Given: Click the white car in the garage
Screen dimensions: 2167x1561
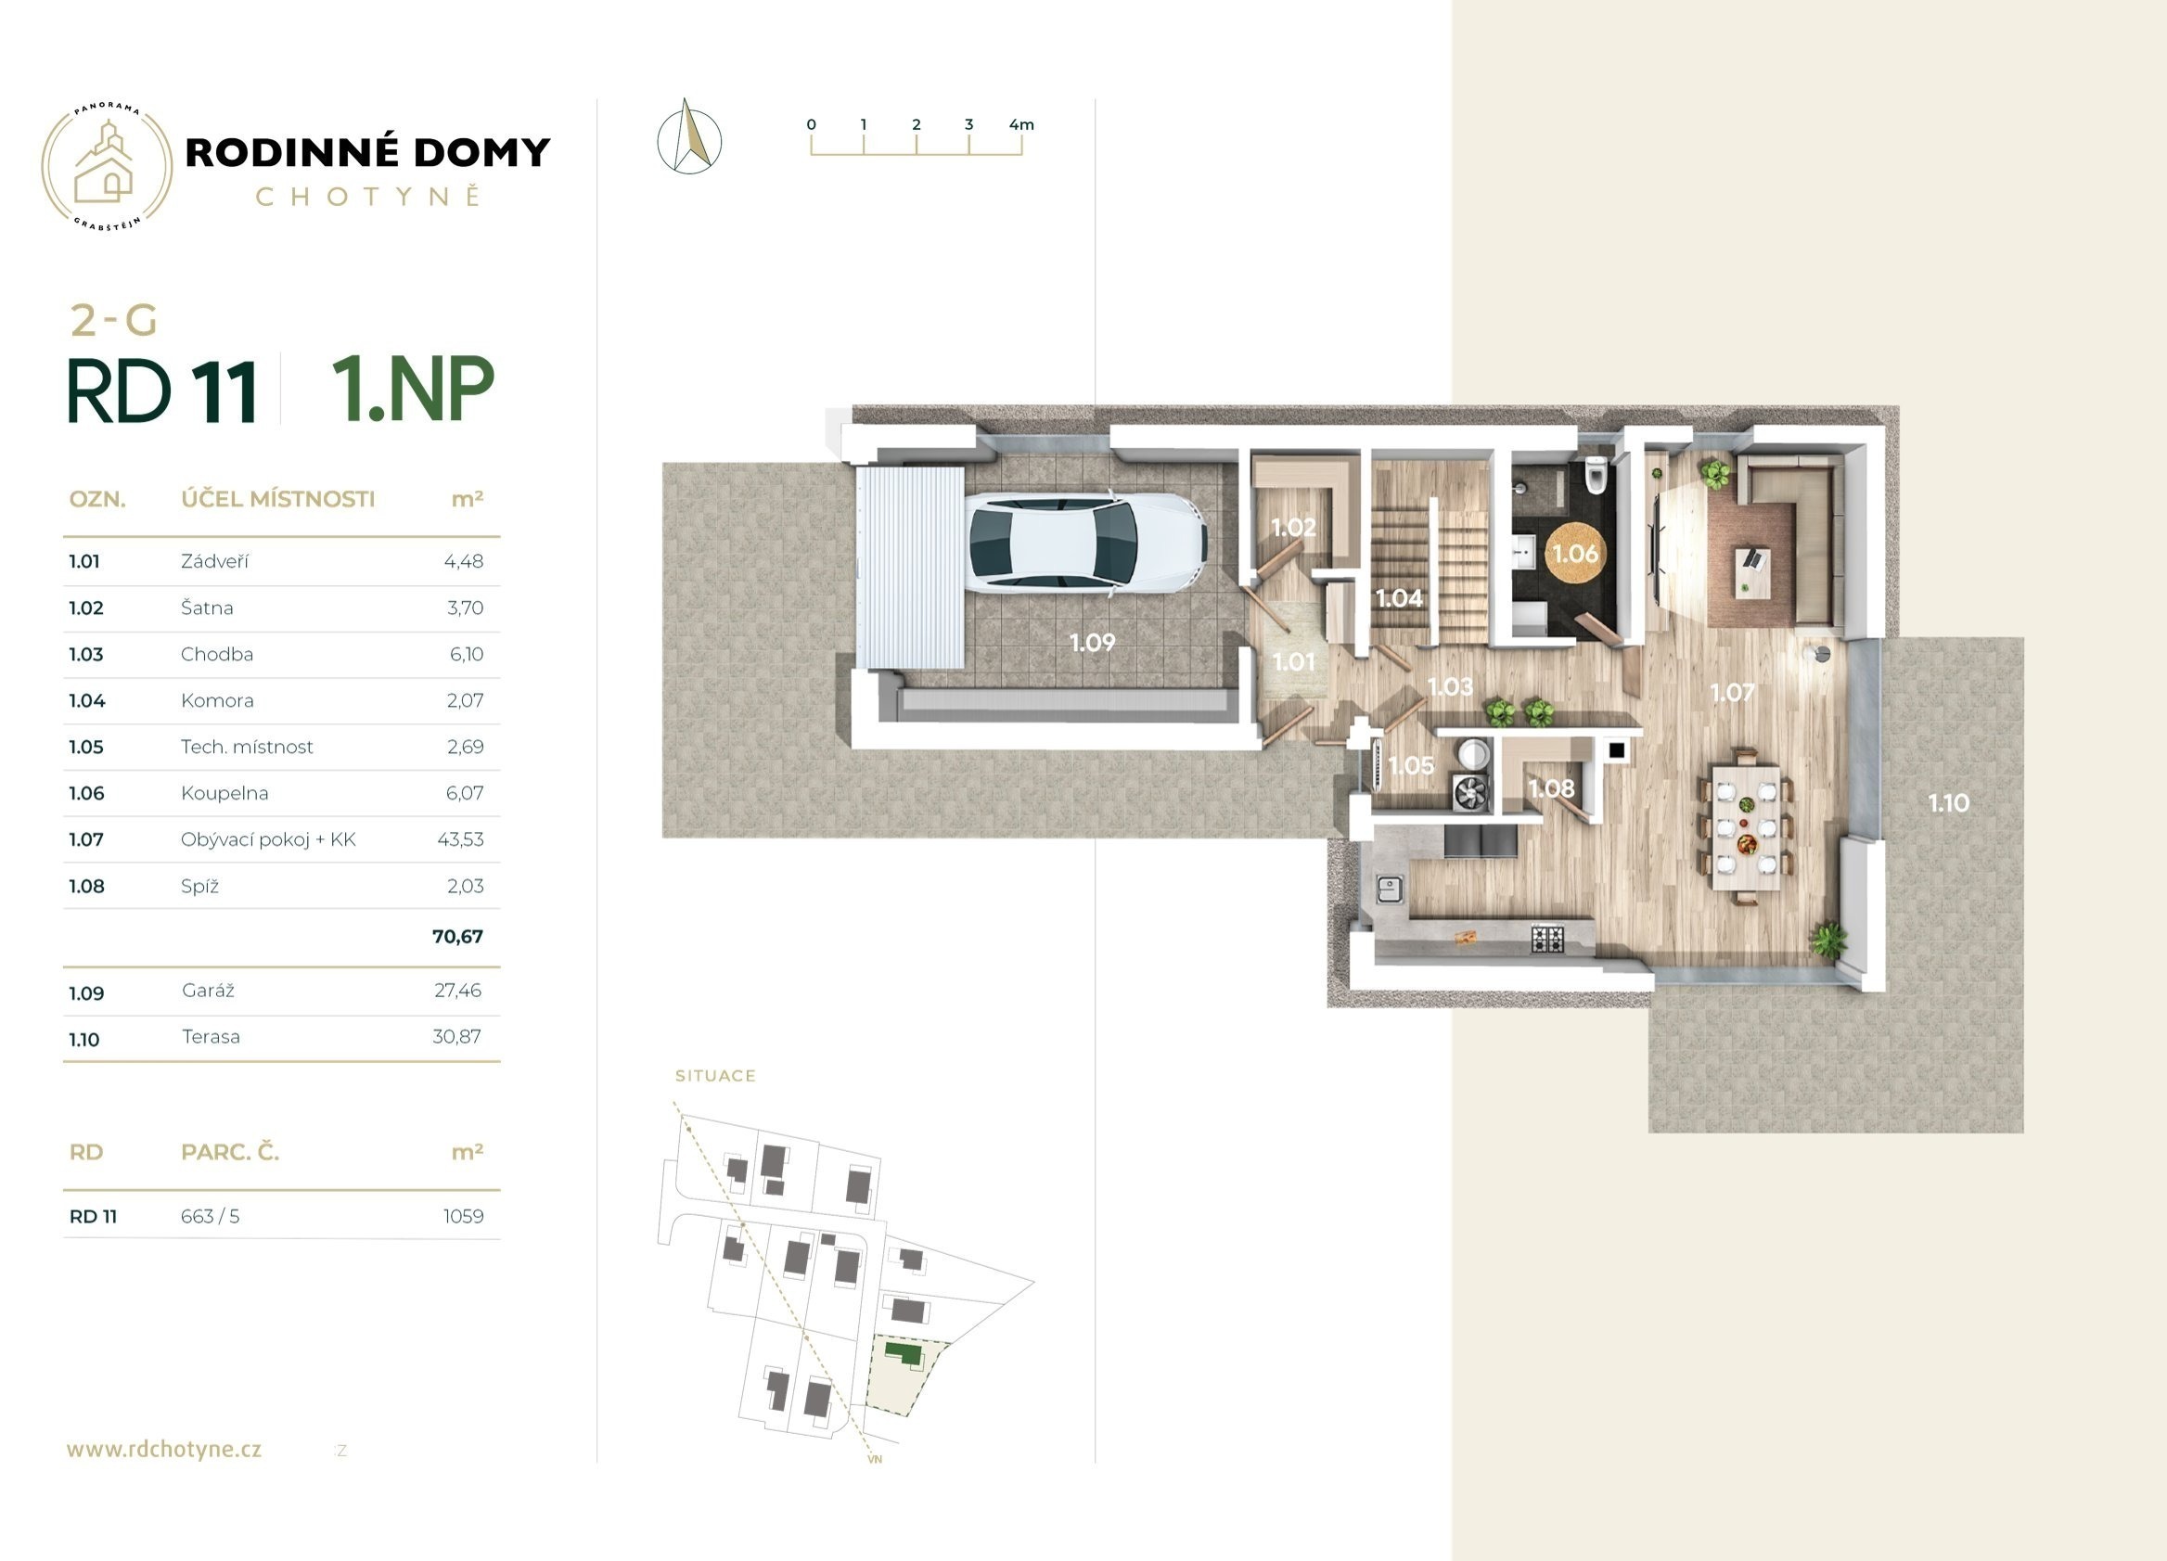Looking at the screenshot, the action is (1087, 542).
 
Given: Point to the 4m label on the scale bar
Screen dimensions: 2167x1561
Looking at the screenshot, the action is (1021, 124).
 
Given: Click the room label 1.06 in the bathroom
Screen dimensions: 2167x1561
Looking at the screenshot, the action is (1574, 553).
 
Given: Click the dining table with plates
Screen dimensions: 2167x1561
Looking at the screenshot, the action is (1746, 826).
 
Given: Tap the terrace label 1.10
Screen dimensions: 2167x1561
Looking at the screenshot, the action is (1948, 803).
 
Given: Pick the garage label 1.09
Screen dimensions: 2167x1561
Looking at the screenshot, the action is (1092, 643).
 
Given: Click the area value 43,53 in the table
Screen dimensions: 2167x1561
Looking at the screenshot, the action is (460, 839).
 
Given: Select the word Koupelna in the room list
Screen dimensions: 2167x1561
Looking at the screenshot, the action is (224, 793).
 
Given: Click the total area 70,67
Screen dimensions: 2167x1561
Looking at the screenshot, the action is (457, 936).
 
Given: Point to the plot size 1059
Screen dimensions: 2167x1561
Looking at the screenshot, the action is (464, 1216).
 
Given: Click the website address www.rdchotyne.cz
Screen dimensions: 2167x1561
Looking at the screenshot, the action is (164, 1449).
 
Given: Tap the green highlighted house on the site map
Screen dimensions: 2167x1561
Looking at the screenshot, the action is (904, 1352).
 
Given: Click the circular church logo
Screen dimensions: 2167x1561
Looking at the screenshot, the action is (107, 168).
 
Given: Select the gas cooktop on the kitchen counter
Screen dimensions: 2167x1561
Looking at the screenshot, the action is (1548, 938).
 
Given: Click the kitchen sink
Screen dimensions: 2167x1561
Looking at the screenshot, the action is (1389, 889).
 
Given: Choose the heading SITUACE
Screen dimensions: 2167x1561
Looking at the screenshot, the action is (715, 1076).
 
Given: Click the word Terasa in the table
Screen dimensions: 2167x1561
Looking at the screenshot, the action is (212, 1037).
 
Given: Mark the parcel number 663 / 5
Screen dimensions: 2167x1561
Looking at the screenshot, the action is (211, 1216).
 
